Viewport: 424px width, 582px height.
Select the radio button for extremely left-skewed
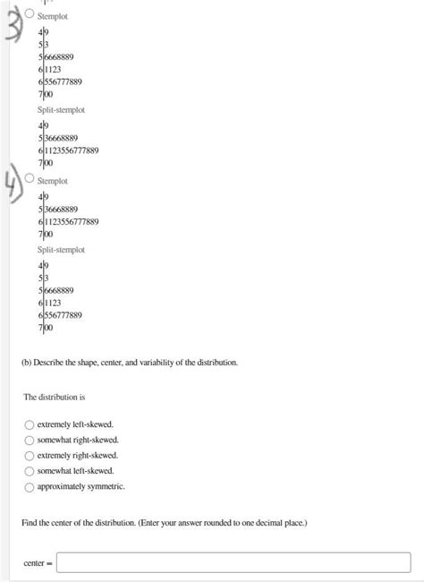point(30,424)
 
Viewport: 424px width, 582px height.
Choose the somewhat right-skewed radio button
point(30,440)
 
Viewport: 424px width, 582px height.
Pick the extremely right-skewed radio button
point(30,455)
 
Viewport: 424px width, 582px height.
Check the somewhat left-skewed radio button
point(30,470)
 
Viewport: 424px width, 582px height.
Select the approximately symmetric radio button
point(30,486)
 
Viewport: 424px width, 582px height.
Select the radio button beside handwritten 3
point(30,14)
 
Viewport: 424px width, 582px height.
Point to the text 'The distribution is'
point(54,396)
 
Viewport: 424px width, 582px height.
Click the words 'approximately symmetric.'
point(81,486)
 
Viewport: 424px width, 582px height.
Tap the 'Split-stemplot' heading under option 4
point(61,250)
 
